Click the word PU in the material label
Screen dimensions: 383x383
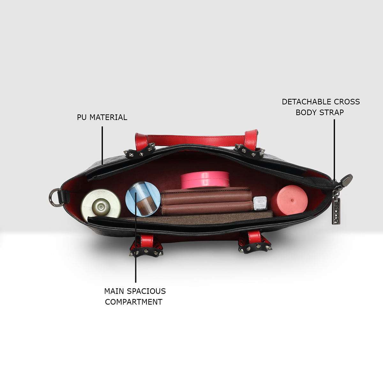pos(82,117)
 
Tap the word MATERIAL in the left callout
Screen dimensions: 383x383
pos(108,117)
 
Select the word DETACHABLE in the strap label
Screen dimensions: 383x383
pos(307,102)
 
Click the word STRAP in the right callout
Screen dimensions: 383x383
pos(333,112)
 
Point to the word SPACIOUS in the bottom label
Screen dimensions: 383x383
pos(146,291)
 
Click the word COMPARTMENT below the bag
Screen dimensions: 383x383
pos(134,302)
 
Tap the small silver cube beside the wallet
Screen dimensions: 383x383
pos(260,203)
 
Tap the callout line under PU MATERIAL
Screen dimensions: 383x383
pos(102,145)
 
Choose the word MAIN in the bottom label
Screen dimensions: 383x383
pos(114,291)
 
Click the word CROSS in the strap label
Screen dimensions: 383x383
pos(347,102)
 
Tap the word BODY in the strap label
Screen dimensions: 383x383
pos(305,112)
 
